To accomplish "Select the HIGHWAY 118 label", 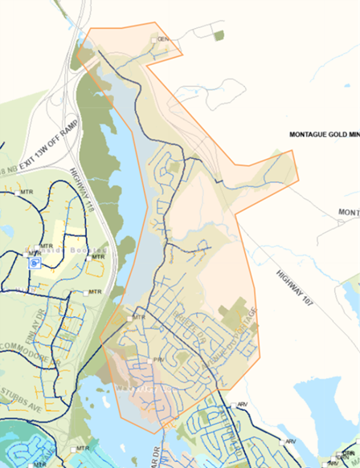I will (88, 189).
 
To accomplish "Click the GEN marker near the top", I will (161, 39).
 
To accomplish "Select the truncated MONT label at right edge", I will (348, 212).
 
